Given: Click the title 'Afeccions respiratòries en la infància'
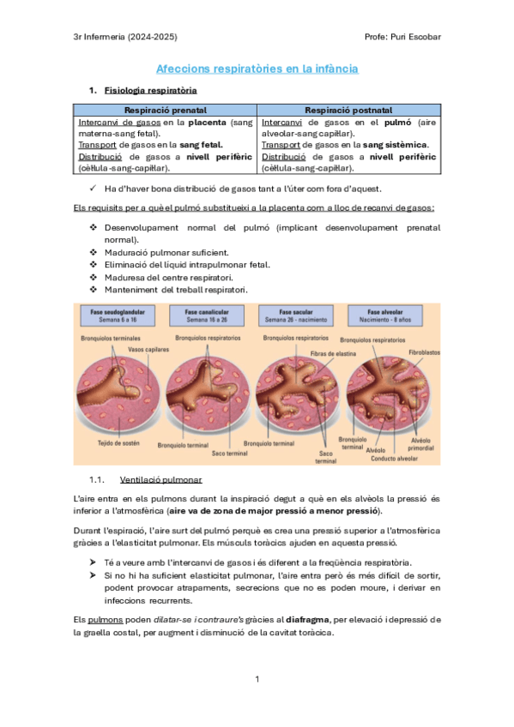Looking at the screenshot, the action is pyautogui.click(x=257, y=69).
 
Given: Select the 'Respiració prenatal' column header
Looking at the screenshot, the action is pyautogui.click(x=165, y=111).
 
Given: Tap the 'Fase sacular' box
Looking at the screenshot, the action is pyautogui.click(x=293, y=315).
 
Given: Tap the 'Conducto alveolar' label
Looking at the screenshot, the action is pyautogui.click(x=395, y=458).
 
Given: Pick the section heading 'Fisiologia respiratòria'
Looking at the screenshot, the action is pyautogui.click(x=150, y=90).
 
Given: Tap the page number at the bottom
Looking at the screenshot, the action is pyautogui.click(x=257, y=679).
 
